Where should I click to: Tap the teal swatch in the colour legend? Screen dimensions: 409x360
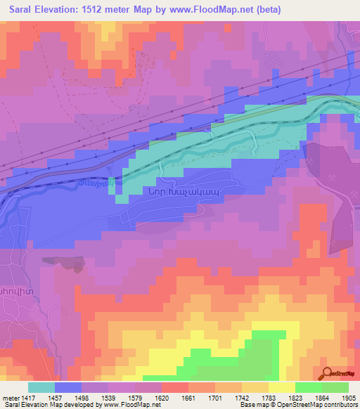coord(41,387)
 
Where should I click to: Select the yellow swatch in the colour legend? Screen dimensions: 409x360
coord(281,387)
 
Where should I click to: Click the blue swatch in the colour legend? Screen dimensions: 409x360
coord(67,387)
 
